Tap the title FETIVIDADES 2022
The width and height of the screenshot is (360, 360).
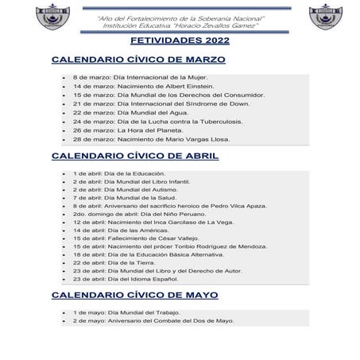[180, 40]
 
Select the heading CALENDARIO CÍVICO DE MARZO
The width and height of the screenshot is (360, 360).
[138, 60]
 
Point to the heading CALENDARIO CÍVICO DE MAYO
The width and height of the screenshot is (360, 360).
[134, 295]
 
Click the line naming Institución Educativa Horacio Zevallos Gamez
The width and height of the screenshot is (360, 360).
[180, 25]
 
